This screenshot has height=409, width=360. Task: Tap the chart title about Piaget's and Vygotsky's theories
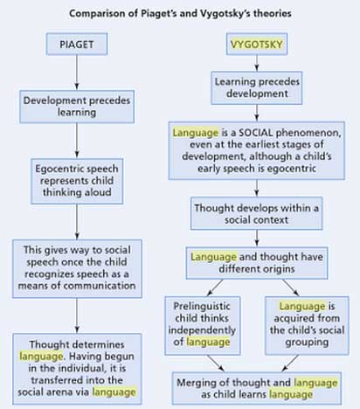pyautogui.click(x=180, y=12)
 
